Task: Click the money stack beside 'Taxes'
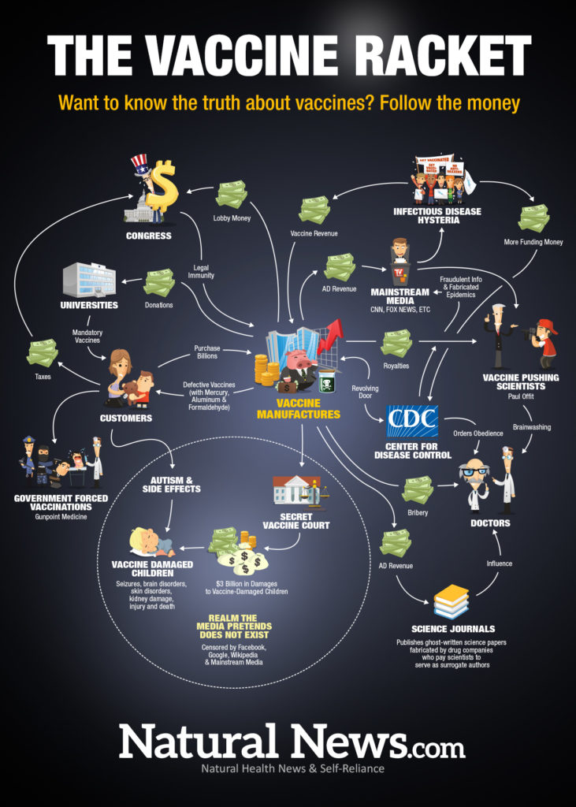point(42,352)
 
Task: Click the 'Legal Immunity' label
point(202,271)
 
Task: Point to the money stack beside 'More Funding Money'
point(534,218)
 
